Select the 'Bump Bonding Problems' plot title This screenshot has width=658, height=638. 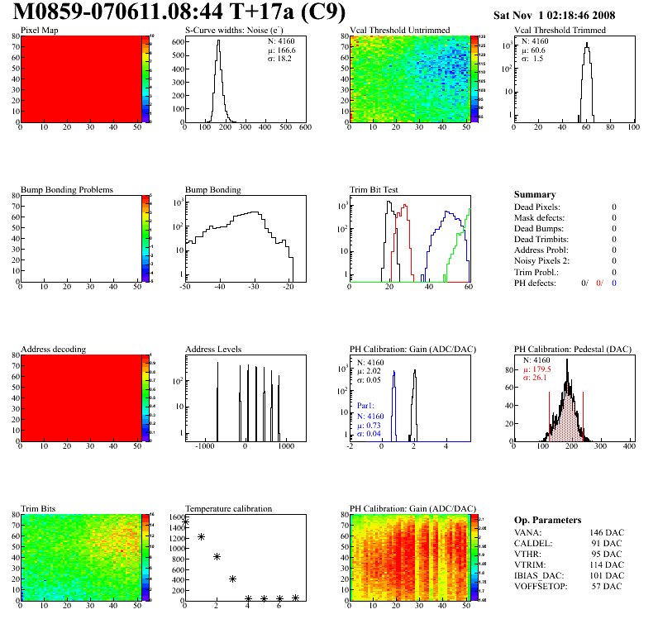pos(67,190)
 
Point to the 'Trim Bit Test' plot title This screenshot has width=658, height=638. pos(374,190)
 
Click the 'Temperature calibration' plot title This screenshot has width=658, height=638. pos(228,509)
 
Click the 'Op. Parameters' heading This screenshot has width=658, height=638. pos(547,520)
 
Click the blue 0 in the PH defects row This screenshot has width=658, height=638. pos(614,283)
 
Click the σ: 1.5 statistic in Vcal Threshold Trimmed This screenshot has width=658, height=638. pos(532,59)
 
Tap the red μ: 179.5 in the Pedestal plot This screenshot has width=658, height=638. pos(539,369)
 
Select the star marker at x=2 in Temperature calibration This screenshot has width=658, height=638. pos(217,557)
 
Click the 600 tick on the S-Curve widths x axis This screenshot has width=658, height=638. pos(304,128)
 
